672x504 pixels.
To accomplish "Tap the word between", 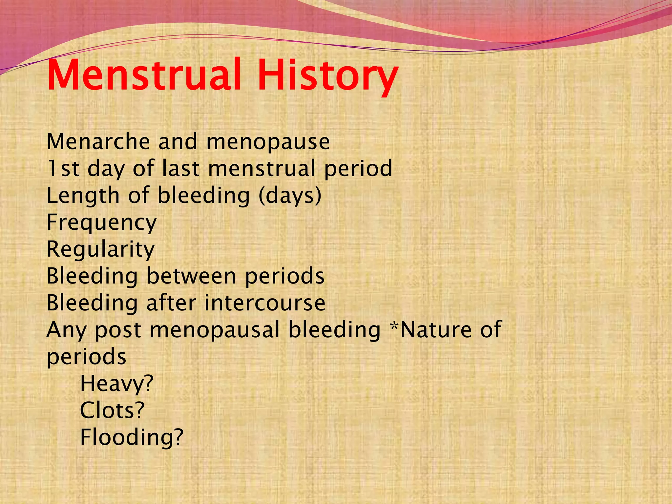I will tap(191, 276).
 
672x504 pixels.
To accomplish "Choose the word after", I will tap(171, 303).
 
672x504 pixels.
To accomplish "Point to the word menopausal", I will tap(215, 330).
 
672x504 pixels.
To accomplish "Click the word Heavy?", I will tap(116, 384).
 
